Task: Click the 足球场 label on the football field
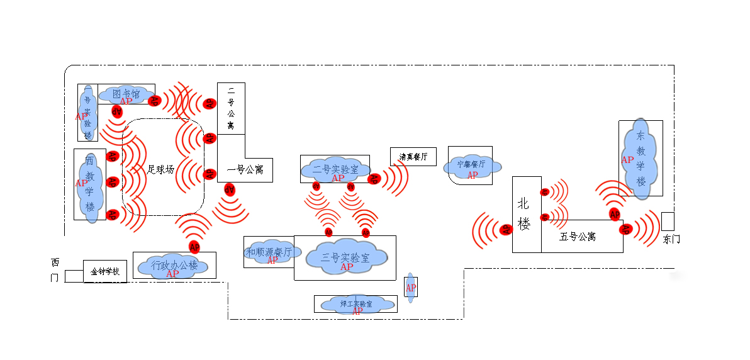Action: point(160,169)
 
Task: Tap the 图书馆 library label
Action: point(126,94)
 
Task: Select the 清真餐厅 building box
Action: point(413,157)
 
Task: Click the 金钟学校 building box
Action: point(105,272)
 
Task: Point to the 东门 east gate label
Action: point(672,239)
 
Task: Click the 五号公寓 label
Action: point(578,237)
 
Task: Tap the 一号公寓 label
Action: point(245,169)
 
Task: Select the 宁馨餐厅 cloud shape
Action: point(472,165)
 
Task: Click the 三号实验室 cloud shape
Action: point(345,256)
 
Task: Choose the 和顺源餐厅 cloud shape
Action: point(269,252)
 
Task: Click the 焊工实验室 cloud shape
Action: point(355,304)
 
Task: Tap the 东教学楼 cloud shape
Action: point(641,159)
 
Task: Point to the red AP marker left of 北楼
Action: point(505,230)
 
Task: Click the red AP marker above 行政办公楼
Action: point(194,246)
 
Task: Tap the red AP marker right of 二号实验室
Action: point(374,179)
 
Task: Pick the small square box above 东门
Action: point(668,221)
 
